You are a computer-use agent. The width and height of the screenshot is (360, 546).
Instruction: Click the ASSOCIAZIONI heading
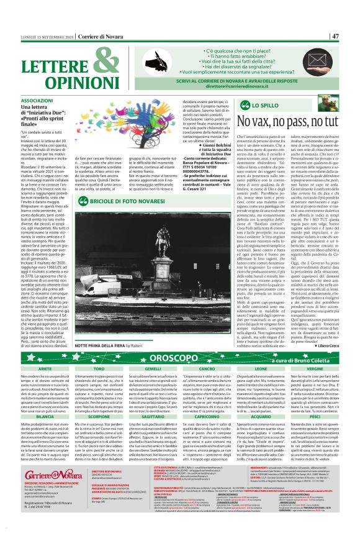37,100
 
